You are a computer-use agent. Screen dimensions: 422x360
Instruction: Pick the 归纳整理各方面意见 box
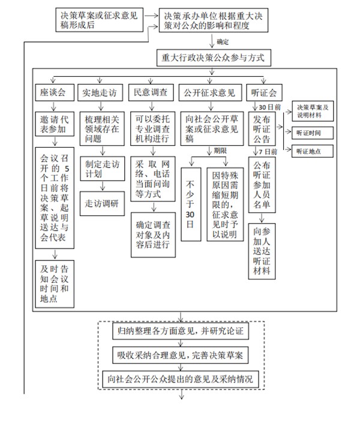pyautogui.click(x=180, y=330)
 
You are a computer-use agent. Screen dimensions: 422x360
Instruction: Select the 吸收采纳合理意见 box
pyautogui.click(x=180, y=354)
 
